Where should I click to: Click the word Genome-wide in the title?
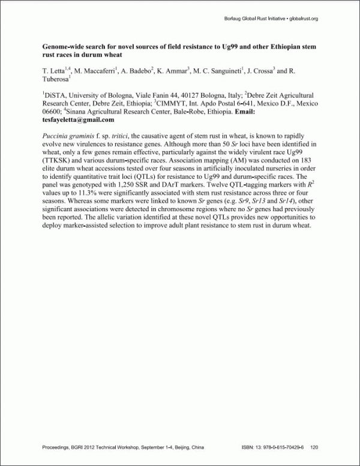(63, 46)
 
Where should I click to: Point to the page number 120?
(314, 447)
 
